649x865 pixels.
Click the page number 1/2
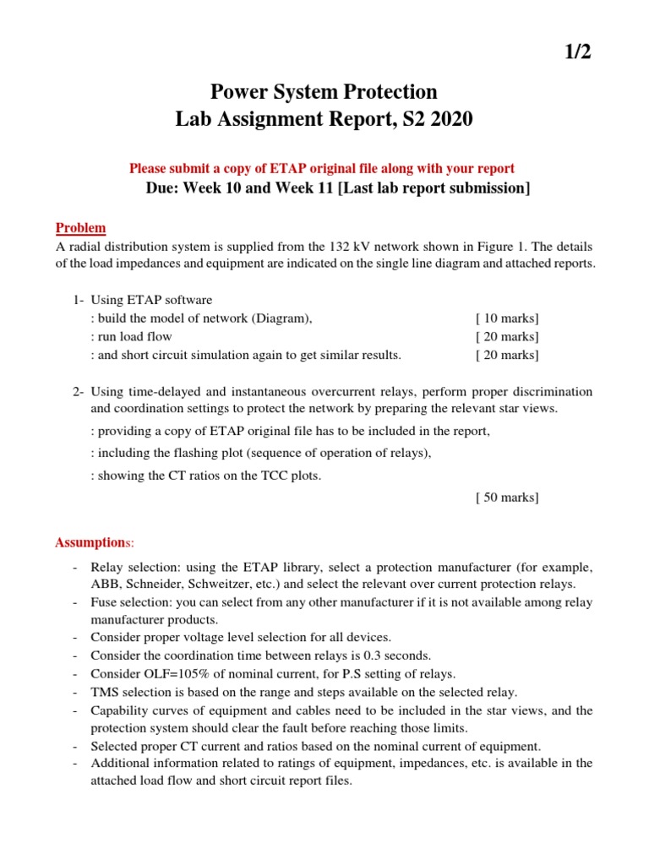(x=577, y=52)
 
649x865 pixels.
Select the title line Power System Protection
(x=324, y=91)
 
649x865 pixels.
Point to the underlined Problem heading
(x=81, y=228)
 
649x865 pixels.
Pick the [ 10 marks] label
(x=507, y=318)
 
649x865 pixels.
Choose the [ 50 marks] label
(x=507, y=497)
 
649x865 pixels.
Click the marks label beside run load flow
(x=507, y=336)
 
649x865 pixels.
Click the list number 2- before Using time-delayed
(x=78, y=392)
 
